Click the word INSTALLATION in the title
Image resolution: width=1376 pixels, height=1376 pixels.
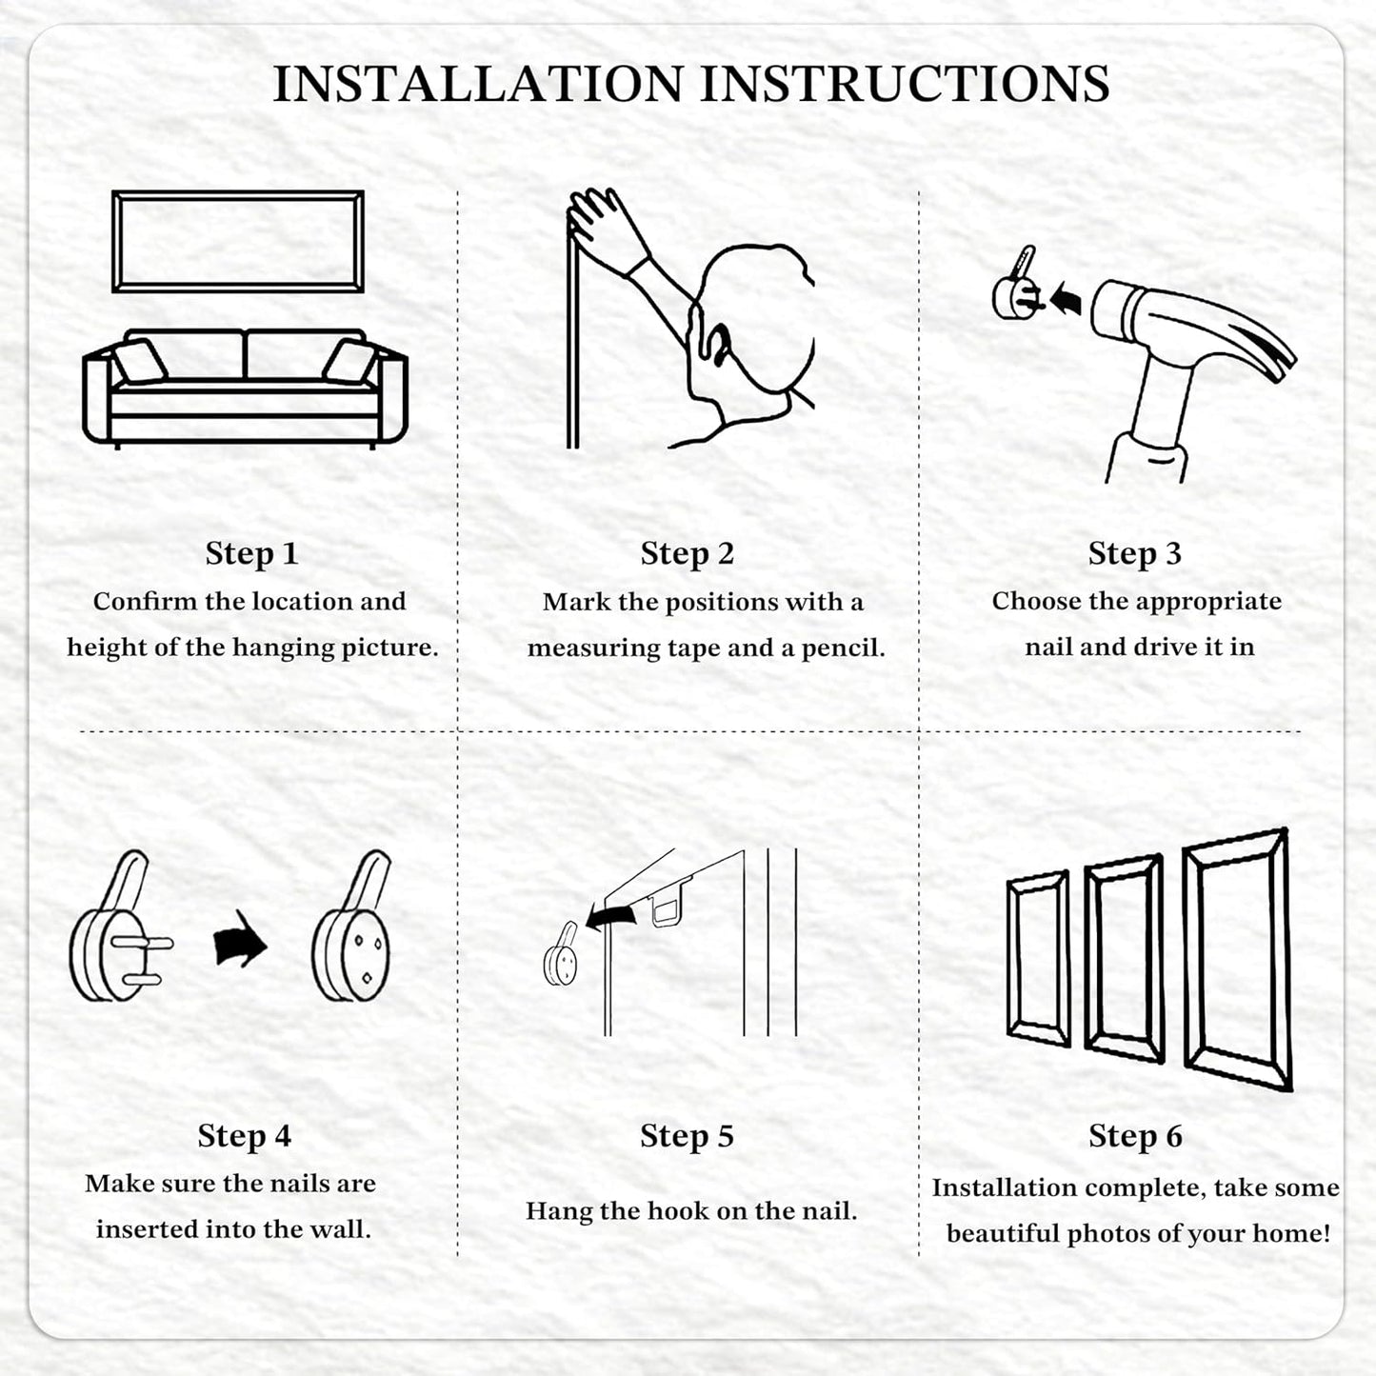(478, 84)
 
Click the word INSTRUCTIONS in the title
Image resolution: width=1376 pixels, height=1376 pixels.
(905, 84)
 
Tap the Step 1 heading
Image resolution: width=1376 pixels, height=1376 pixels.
(251, 554)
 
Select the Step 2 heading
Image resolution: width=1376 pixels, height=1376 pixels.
(687, 554)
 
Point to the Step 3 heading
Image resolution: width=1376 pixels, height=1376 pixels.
(1135, 554)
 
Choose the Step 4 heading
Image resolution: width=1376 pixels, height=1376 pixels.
(244, 1136)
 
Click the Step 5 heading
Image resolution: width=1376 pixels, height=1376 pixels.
(687, 1136)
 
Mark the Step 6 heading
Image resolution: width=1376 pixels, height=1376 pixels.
(1135, 1136)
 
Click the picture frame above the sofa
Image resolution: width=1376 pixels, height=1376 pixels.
(238, 193)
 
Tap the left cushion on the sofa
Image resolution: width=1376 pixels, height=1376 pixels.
(140, 361)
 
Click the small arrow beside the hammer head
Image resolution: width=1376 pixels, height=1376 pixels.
(1065, 298)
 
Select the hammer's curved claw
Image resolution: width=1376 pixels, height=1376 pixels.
(1258, 347)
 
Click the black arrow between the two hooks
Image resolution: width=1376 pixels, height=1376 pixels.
(241, 940)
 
